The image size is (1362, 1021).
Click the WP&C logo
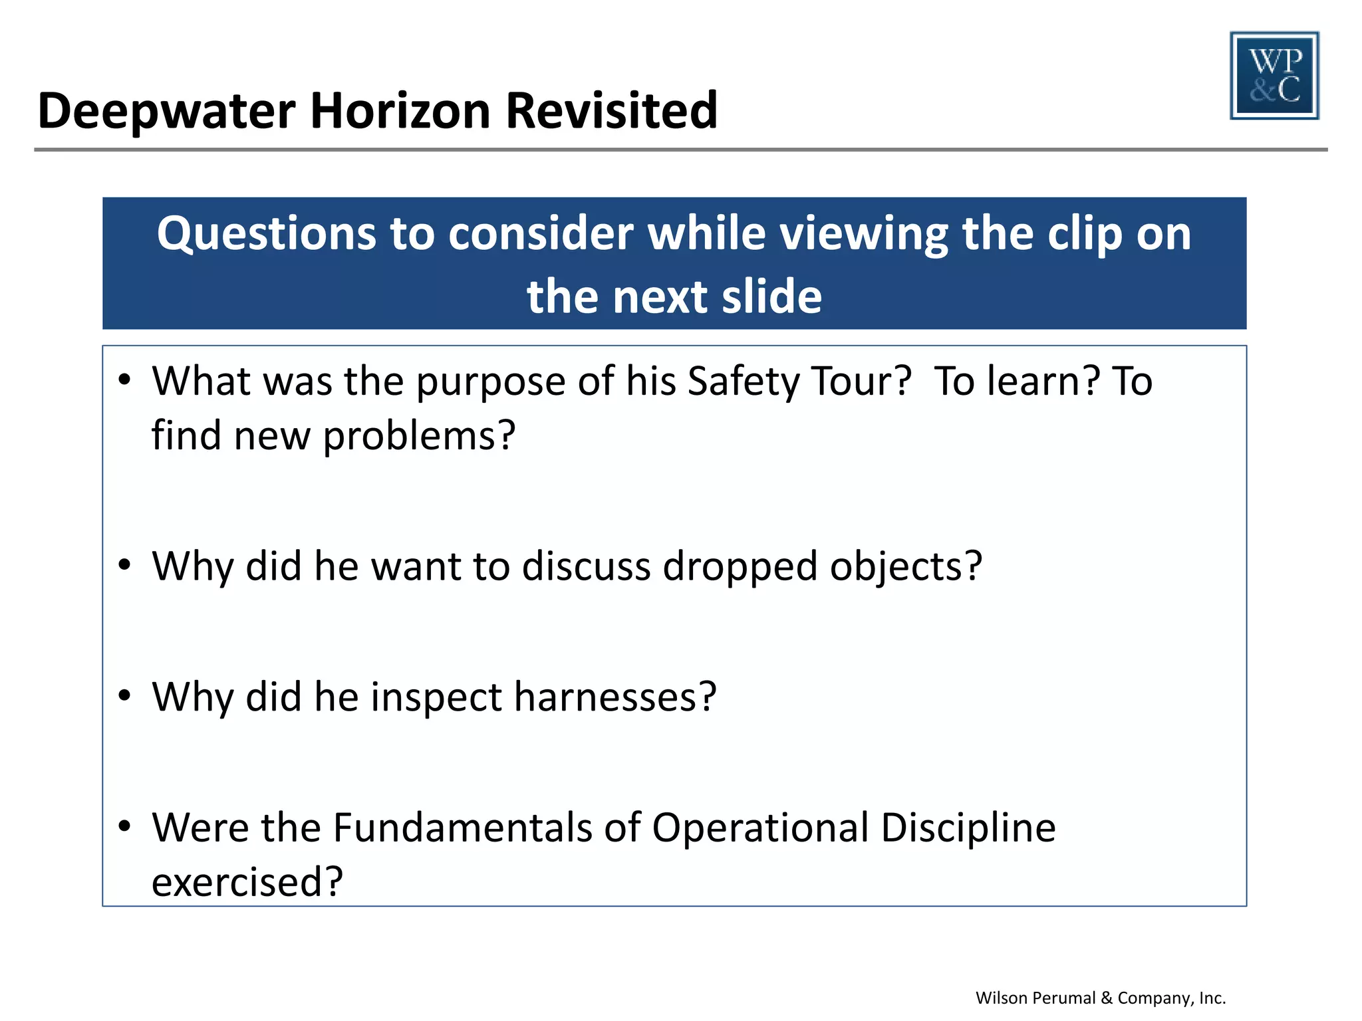(1274, 76)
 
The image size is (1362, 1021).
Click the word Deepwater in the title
(166, 111)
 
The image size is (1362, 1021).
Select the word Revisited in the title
(611, 111)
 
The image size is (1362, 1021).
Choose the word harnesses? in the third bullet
(615, 697)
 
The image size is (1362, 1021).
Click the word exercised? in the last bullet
(247, 883)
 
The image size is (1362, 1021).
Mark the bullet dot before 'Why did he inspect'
(124, 696)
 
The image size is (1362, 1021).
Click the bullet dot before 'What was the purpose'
(124, 380)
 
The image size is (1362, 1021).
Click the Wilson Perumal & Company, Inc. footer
(1101, 998)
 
